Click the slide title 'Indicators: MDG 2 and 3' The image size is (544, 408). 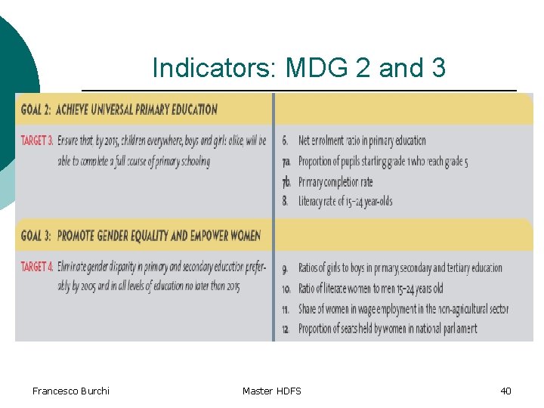298,68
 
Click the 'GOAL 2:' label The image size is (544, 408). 36,110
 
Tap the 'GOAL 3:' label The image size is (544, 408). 36,236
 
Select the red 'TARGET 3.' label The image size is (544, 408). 37,141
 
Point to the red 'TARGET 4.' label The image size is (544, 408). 37,267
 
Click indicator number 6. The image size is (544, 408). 285,141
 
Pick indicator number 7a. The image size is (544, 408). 286,161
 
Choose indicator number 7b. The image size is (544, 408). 286,181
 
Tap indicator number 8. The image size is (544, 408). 285,202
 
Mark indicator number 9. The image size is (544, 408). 285,267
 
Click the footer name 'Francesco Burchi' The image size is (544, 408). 71,391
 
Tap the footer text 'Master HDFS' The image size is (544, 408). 272,391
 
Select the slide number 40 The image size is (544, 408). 505,391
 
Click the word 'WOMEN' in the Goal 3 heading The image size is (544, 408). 243,236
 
